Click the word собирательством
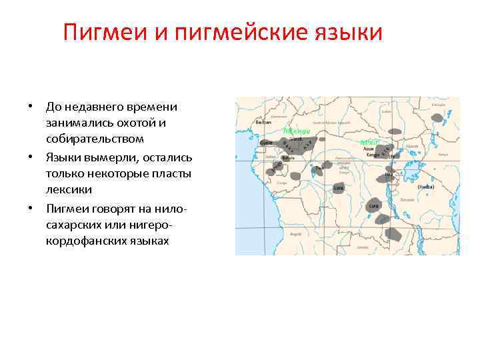95,139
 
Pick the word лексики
69,190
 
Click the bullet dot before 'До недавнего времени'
30,107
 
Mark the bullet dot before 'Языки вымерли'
30,157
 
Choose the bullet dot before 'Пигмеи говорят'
30,209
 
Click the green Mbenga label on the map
297,131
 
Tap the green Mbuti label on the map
369,142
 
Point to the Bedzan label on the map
263,124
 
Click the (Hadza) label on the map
426,187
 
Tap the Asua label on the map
369,148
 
